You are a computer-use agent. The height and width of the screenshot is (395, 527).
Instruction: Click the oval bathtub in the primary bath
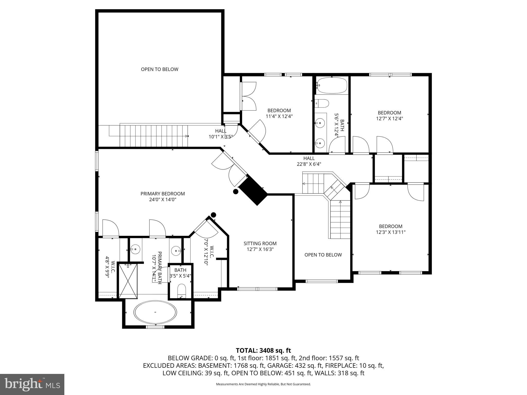pos(155,312)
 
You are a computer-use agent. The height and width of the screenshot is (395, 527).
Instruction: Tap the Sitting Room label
pos(260,243)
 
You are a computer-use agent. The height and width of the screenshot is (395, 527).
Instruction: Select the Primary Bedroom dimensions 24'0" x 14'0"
pos(162,200)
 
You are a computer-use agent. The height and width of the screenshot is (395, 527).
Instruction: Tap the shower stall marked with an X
pos(128,281)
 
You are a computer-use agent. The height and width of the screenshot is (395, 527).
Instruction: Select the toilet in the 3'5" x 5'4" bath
pos(181,290)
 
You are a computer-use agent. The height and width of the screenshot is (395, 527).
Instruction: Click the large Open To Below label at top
pos(160,69)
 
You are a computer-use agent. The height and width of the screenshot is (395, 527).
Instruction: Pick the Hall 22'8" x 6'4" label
pos(309,161)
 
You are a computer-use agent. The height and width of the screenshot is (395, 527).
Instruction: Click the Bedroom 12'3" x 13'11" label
pos(390,229)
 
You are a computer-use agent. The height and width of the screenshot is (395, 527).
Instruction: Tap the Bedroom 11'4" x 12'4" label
pos(279,113)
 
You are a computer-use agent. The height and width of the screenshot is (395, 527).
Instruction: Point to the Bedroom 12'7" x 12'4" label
pos(389,115)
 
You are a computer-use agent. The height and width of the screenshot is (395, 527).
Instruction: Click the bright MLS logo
pos(32,384)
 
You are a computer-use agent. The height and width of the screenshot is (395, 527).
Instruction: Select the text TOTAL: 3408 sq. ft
pos(263,350)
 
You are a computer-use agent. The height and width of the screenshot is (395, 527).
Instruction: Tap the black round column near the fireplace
pos(235,191)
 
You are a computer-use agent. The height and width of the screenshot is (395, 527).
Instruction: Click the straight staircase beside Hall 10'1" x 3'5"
pos(153,136)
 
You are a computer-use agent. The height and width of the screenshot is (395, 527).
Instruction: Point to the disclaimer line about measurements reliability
pos(263,384)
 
